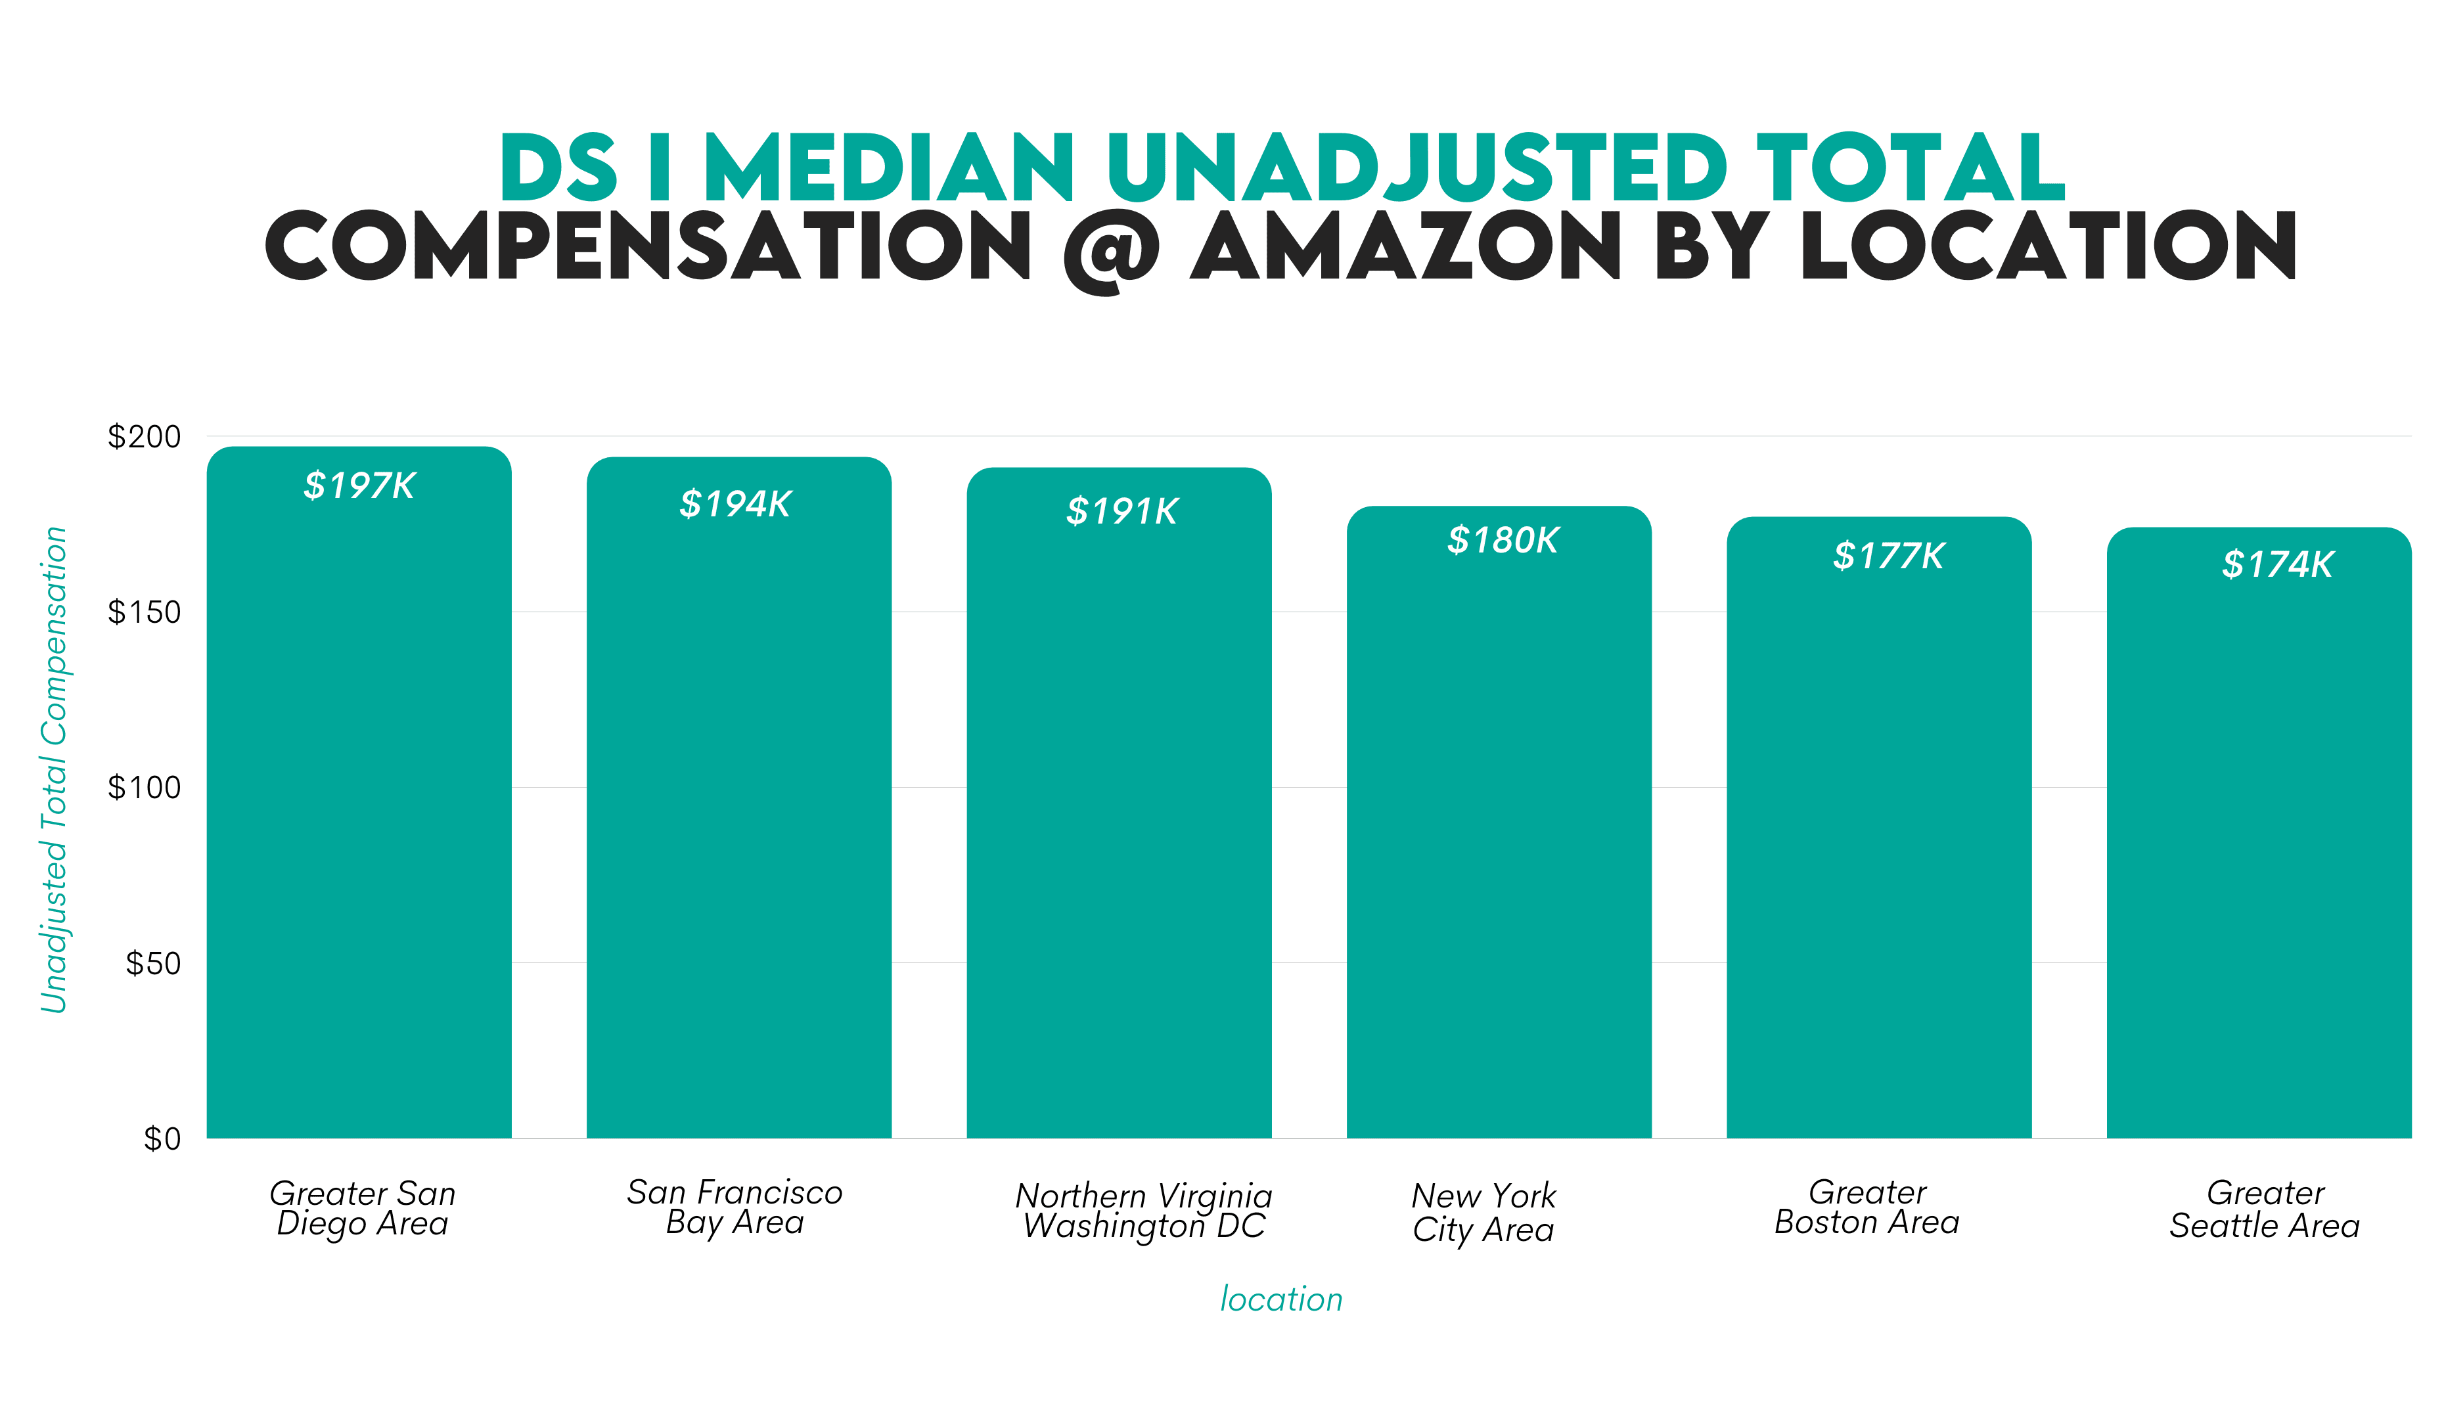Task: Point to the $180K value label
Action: [x=1503, y=540]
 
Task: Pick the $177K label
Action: [x=1888, y=556]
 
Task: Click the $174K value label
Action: [x=2277, y=564]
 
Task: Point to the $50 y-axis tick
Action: [x=153, y=963]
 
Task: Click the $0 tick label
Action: [x=162, y=1138]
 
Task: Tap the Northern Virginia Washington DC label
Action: [x=1143, y=1211]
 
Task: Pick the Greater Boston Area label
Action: [x=1867, y=1207]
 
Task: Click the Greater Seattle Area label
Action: [x=2265, y=1209]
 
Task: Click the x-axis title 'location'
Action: [x=1281, y=1299]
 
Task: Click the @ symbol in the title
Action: [x=1112, y=250]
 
